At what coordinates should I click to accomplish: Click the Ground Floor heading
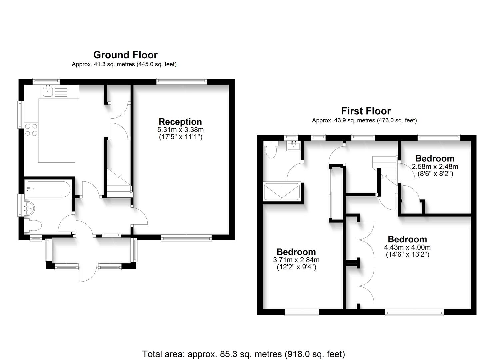click(x=126, y=55)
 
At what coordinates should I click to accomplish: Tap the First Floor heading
click(x=366, y=111)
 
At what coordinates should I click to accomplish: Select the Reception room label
click(x=180, y=122)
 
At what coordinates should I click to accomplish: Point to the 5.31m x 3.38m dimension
click(x=180, y=130)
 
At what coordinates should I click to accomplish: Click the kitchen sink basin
click(x=48, y=92)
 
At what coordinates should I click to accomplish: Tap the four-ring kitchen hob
click(x=31, y=130)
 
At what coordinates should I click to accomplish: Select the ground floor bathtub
click(x=49, y=189)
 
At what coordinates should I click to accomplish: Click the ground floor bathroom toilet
click(x=33, y=225)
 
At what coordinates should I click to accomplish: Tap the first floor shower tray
click(x=282, y=191)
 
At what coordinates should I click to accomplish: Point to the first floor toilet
click(x=271, y=149)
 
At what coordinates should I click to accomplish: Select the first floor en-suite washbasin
click(x=293, y=146)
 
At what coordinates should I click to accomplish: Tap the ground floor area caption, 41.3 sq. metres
click(x=124, y=64)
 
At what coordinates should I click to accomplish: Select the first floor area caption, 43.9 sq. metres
click(x=364, y=120)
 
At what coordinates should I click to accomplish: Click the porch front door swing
click(x=88, y=273)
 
